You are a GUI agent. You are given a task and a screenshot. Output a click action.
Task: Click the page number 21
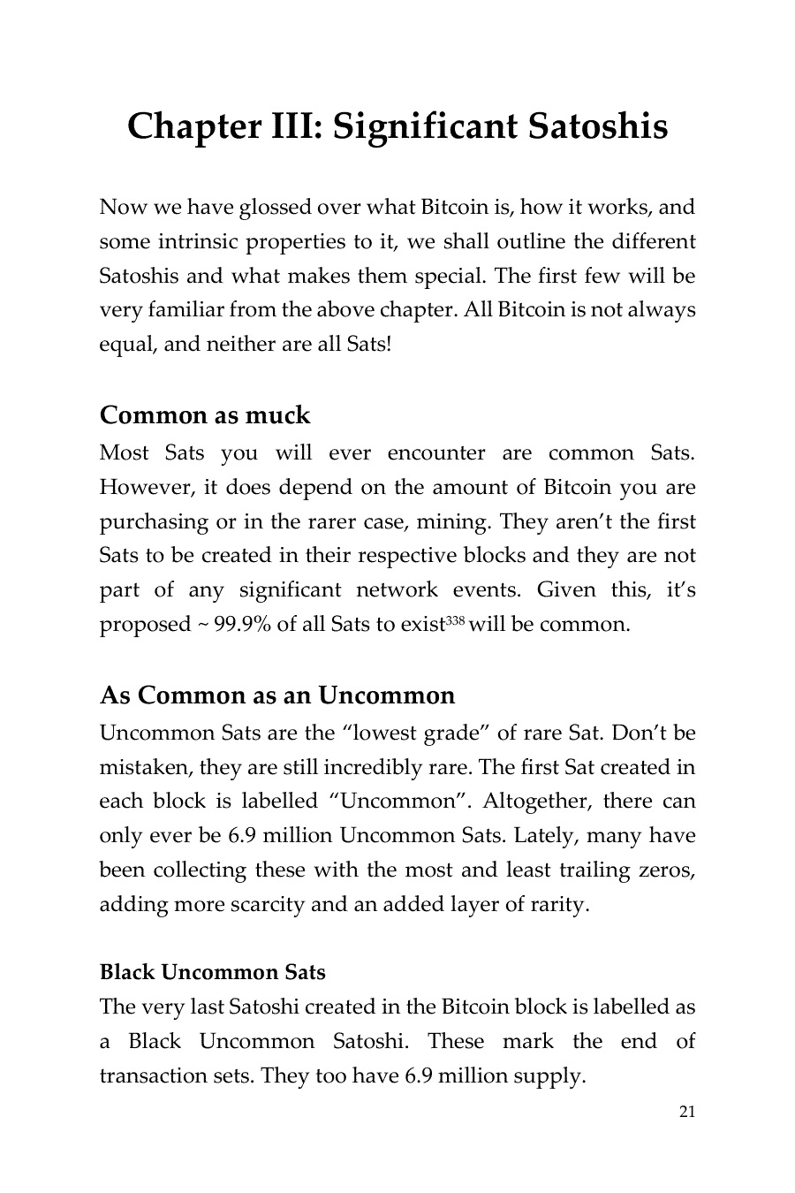tap(687, 1112)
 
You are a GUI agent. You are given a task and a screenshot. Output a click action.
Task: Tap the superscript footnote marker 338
tap(454, 620)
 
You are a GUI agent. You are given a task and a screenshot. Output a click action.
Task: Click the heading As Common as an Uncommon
tap(277, 695)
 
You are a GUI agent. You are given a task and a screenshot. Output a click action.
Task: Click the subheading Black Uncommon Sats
tap(212, 972)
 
